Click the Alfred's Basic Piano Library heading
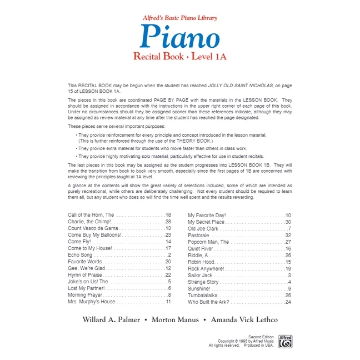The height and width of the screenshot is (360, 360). click(x=179, y=18)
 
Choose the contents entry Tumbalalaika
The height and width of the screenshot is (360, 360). click(x=204, y=296)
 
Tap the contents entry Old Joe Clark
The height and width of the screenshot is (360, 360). click(x=203, y=228)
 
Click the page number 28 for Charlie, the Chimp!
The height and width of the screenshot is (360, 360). click(x=168, y=222)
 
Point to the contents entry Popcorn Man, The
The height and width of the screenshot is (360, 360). click(x=209, y=242)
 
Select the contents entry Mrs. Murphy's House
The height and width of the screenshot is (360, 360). click(x=92, y=302)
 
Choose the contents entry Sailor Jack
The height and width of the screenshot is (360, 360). click(x=201, y=275)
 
